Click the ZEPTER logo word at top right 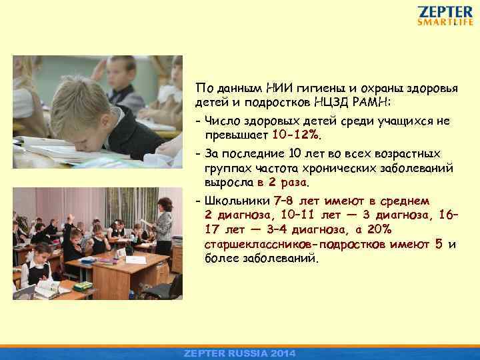(x=445, y=11)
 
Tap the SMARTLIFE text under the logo (x=445, y=22)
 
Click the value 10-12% (x=296, y=135)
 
